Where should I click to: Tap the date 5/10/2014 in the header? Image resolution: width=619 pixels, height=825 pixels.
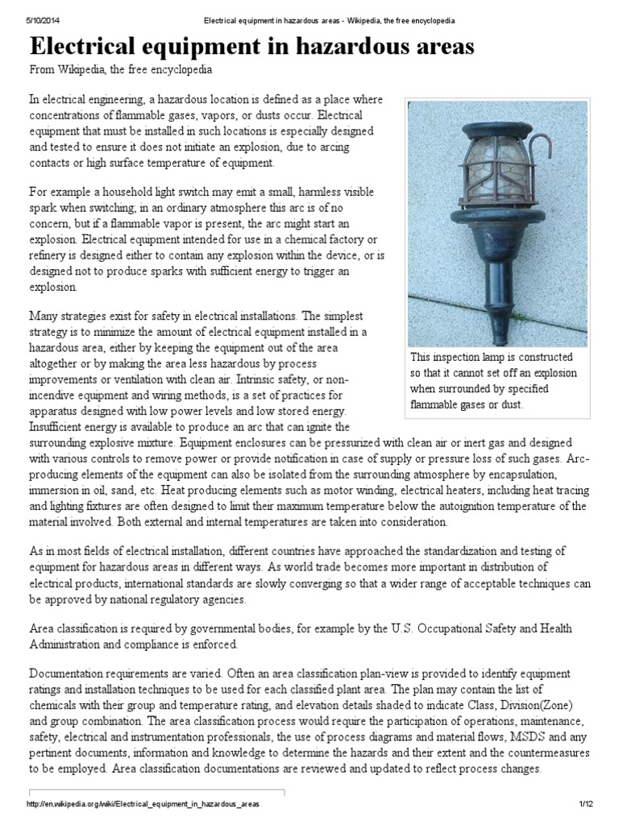coord(39,19)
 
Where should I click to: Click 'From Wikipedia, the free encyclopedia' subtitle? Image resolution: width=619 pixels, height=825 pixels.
coord(121,70)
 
